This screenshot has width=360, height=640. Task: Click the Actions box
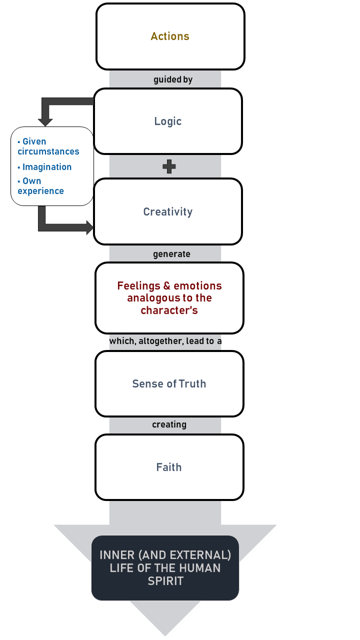(x=170, y=36)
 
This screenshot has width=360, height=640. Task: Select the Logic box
(x=168, y=121)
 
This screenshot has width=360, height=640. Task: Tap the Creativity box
(x=168, y=211)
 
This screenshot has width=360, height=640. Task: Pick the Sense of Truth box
(x=169, y=383)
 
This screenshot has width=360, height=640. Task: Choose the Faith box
(x=169, y=467)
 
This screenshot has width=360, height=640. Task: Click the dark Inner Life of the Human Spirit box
(x=165, y=568)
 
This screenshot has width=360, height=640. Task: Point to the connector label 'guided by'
(x=173, y=79)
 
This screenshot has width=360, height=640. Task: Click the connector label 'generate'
(x=171, y=254)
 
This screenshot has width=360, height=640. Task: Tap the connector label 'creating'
(x=169, y=424)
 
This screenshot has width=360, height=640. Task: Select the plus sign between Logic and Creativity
(x=169, y=166)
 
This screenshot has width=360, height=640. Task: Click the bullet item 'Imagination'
(x=46, y=167)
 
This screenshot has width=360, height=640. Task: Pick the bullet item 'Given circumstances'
(x=48, y=146)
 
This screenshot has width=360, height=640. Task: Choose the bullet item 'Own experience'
(x=41, y=186)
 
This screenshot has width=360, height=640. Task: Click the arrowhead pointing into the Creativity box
(x=90, y=228)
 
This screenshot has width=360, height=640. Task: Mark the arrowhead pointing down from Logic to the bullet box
(x=46, y=120)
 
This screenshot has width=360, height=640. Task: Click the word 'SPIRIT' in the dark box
(x=165, y=581)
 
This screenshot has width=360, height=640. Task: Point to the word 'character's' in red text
(x=169, y=310)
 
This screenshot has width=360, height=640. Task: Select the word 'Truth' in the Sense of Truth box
(x=192, y=383)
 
